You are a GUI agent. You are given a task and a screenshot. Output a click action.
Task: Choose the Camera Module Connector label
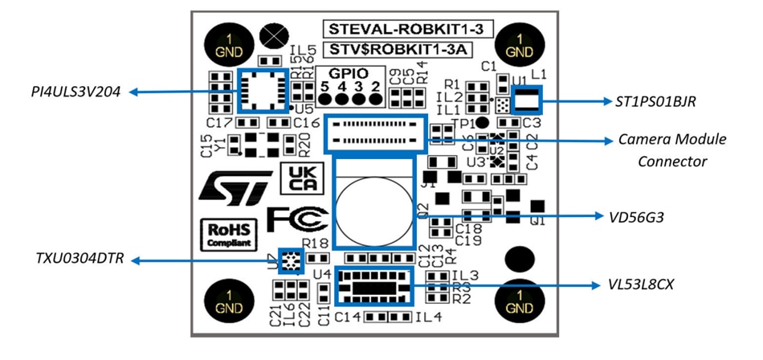(672, 150)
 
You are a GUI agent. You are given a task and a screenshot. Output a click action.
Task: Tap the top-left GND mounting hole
(229, 45)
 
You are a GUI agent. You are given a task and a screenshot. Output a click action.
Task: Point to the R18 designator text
(314, 243)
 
